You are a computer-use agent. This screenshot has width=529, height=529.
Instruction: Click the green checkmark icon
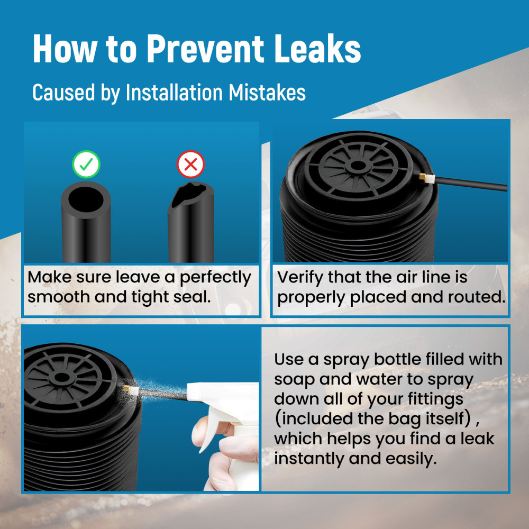click(x=86, y=165)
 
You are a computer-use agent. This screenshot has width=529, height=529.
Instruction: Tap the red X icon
click(x=190, y=165)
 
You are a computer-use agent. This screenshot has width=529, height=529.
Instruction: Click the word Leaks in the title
click(x=317, y=49)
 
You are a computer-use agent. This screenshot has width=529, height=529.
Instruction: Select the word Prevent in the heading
click(x=205, y=49)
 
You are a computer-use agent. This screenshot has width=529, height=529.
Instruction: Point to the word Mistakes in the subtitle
click(x=267, y=93)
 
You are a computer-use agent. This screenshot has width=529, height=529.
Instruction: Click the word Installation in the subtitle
click(x=174, y=93)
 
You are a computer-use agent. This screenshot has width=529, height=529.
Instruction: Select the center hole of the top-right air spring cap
click(x=358, y=166)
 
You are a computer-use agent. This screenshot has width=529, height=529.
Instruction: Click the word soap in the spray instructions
click(x=294, y=379)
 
